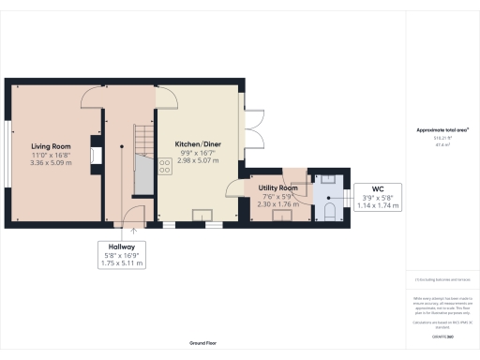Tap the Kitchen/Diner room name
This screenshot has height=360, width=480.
200,144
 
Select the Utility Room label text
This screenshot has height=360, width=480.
277,188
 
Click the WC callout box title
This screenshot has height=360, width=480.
378,188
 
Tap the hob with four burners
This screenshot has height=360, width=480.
165,167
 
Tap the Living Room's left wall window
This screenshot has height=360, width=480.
10,154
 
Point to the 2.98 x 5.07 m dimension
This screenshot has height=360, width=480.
200,162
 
